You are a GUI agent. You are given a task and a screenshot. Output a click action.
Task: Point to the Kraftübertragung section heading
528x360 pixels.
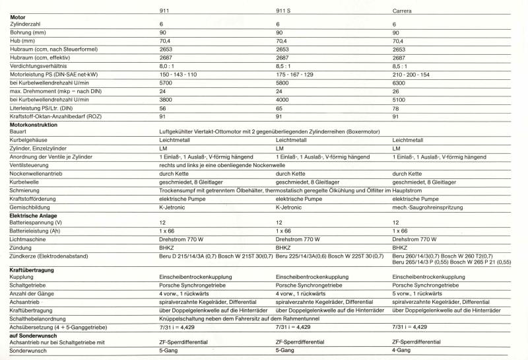click(x=31, y=270)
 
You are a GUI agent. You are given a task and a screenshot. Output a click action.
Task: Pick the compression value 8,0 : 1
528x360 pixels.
click(x=169, y=67)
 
